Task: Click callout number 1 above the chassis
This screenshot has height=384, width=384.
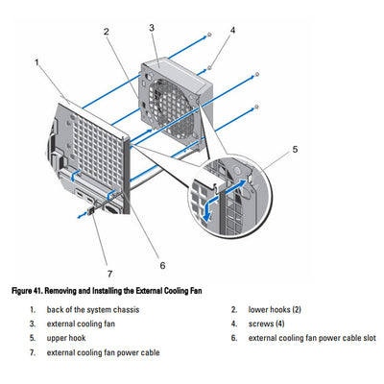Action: [x=37, y=62]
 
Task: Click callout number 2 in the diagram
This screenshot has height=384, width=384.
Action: [x=107, y=32]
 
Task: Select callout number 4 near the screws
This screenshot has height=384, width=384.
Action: [x=231, y=31]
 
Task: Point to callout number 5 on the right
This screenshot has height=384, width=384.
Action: [x=295, y=150]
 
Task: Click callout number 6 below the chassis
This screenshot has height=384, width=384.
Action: [x=162, y=265]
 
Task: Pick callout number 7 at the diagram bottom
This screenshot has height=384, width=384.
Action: [x=109, y=273]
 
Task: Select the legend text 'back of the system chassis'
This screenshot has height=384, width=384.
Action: [x=92, y=310]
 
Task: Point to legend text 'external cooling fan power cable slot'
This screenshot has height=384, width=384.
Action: [x=313, y=338]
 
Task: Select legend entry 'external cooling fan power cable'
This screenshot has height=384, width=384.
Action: [x=103, y=352]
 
